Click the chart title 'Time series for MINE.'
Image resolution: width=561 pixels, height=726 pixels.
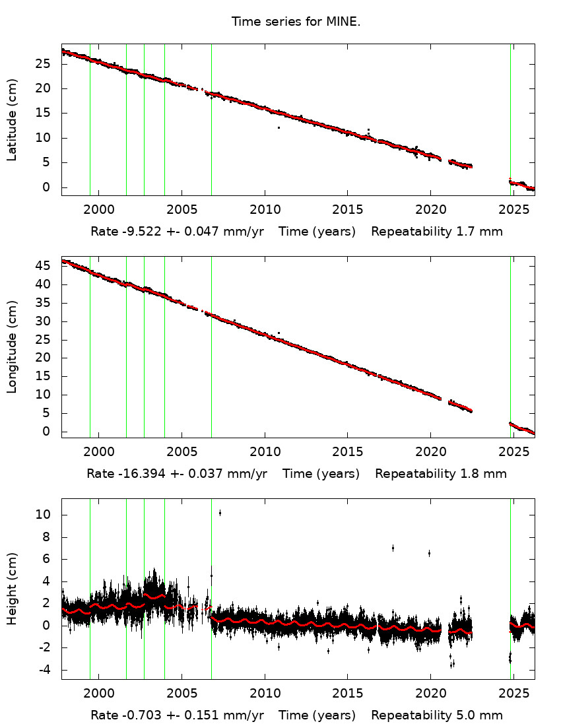296,22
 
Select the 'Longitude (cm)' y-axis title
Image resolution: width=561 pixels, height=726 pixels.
12,347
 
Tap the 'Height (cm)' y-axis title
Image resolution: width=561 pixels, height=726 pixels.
12,588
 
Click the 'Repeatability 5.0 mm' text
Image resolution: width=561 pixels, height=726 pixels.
437,715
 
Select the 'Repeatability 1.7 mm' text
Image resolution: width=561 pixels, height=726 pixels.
437,232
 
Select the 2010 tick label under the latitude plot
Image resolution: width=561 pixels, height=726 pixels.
265,210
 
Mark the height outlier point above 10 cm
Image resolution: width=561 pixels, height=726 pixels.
220,513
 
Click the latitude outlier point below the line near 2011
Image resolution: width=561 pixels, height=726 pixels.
279,127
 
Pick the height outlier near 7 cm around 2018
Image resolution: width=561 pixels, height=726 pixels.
393,548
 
